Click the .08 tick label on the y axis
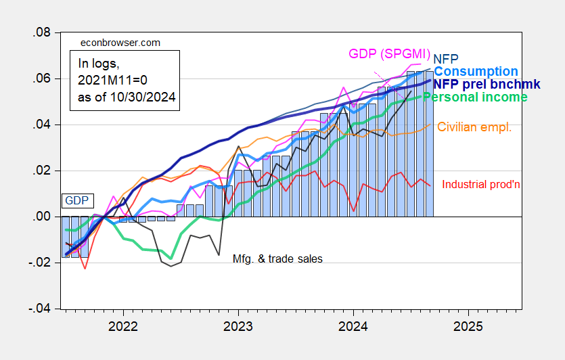[x=41, y=32]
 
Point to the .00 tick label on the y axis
[x=41, y=217]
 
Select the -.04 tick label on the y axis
[x=39, y=309]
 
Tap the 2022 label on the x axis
[x=123, y=326]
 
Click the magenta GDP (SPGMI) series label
[x=388, y=53]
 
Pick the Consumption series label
[x=476, y=72]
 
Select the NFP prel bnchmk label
[x=480, y=85]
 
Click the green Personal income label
[x=475, y=97]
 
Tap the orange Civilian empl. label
[x=474, y=127]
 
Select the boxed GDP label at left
[x=76, y=200]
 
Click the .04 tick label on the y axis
[x=41, y=125]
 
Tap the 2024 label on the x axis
[x=354, y=326]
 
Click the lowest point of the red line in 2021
[x=85, y=269]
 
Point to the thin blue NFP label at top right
[x=445, y=59]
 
